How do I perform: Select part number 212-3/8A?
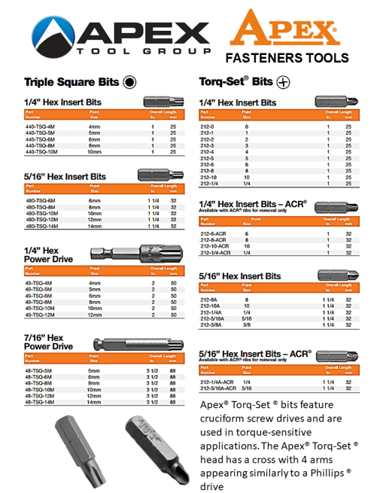211,325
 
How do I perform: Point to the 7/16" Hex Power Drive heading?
49,342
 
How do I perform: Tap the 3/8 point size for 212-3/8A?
246,325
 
